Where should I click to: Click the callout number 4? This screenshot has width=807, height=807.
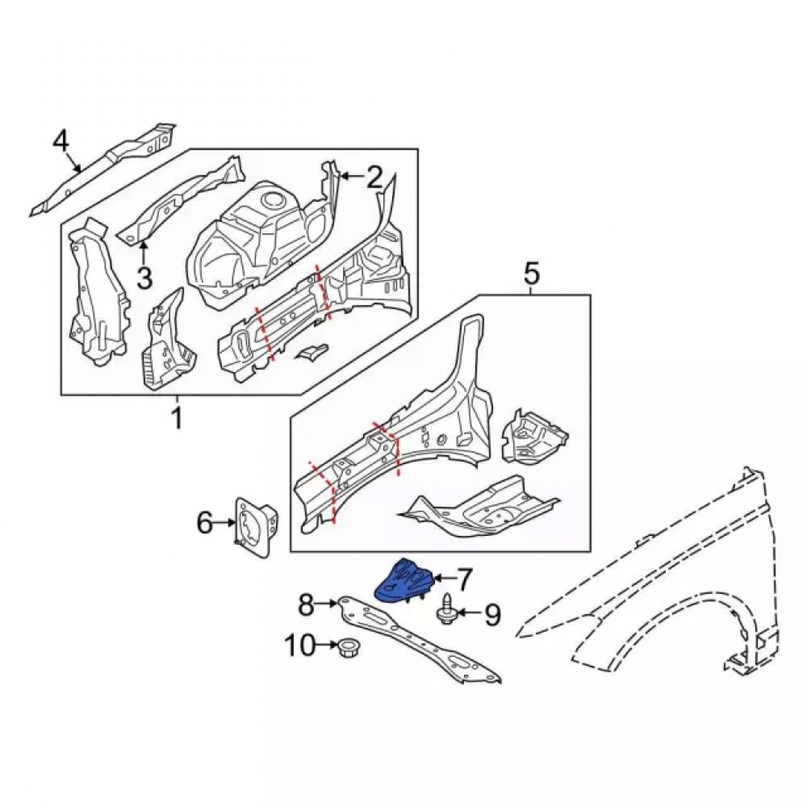coord(61,141)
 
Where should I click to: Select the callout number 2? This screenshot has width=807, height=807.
coord(374,177)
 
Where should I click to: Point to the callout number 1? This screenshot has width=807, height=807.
coord(177,418)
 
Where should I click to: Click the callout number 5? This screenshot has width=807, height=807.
coord(532,273)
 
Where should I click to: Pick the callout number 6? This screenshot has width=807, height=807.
coord(204,524)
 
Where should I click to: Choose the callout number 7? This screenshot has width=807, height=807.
coord(464,579)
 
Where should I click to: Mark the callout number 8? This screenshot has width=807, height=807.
coord(306,604)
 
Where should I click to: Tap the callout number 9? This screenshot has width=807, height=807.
coord(492,614)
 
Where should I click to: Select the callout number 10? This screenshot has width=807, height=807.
coord(300,645)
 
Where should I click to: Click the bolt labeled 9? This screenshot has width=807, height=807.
coord(445,609)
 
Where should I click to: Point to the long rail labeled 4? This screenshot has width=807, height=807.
coord(103,169)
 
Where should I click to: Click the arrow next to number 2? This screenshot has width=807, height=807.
coord(353,177)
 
